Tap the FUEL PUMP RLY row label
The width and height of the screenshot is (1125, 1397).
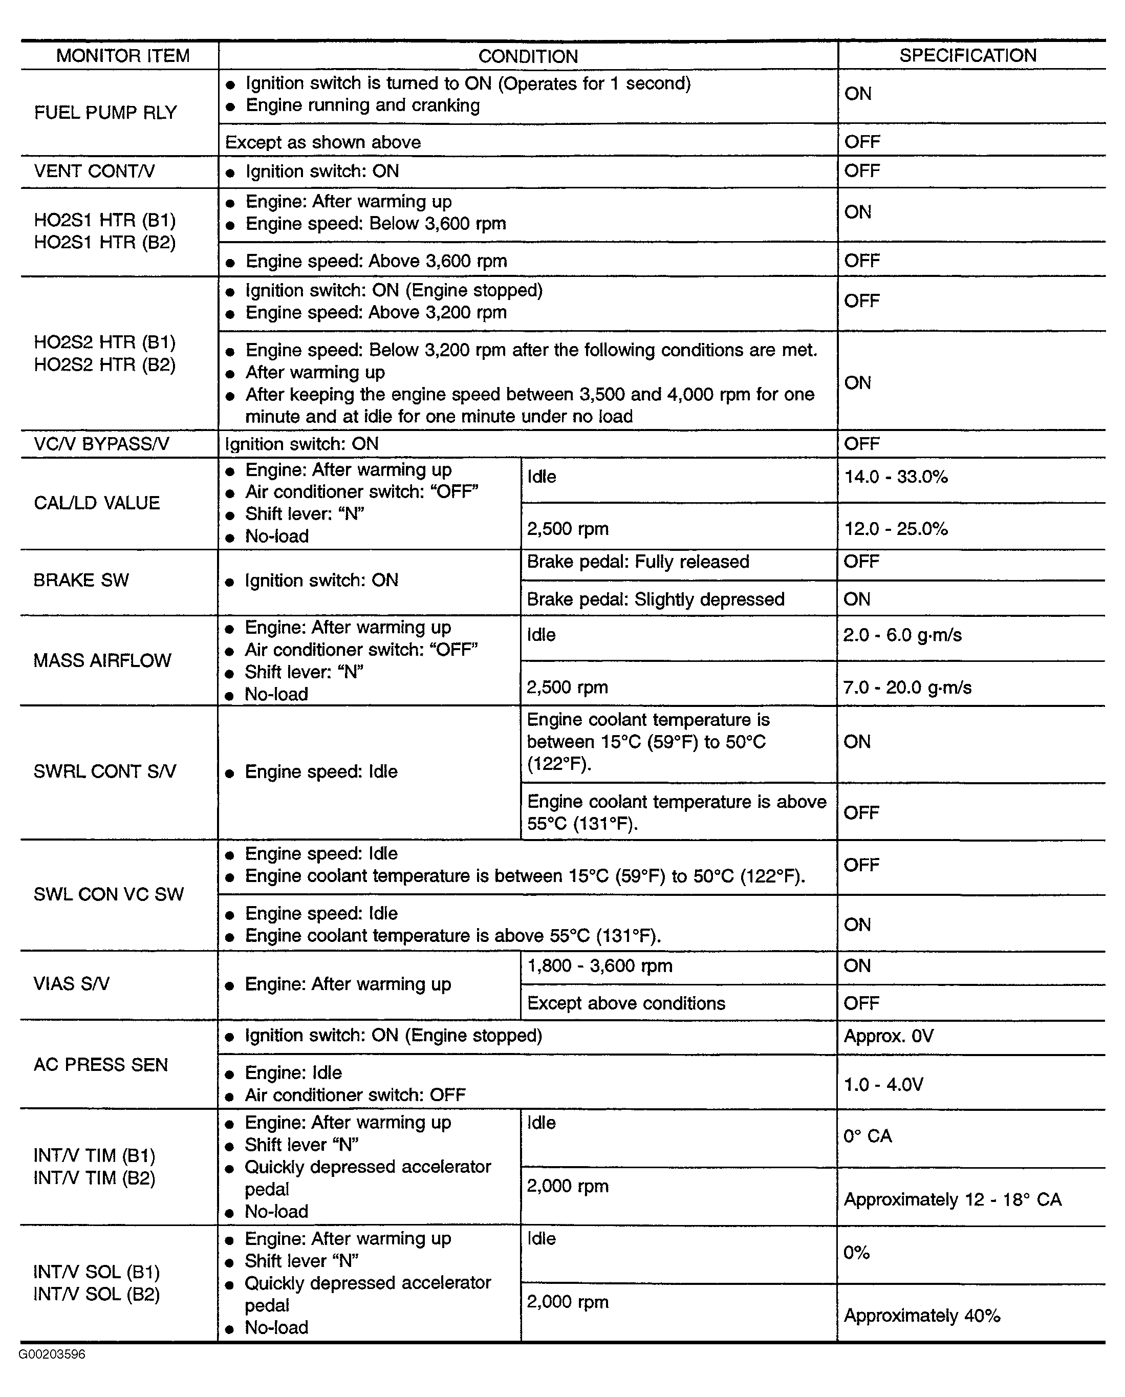click(105, 113)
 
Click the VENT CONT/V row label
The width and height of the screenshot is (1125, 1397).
click(94, 171)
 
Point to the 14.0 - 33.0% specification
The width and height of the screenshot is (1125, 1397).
click(896, 477)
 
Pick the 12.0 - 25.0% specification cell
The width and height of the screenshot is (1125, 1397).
click(896, 529)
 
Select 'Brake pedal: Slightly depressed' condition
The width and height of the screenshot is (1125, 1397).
click(655, 599)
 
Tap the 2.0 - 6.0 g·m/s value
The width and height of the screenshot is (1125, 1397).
click(902, 635)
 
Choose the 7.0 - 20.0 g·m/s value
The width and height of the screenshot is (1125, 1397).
click(907, 687)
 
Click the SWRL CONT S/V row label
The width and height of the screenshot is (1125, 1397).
click(104, 771)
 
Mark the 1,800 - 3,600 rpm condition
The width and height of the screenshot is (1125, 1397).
click(599, 966)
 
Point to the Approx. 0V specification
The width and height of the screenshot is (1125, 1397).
click(889, 1036)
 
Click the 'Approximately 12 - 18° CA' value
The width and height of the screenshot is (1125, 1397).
click(953, 1199)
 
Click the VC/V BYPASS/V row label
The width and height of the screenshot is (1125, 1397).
click(101, 444)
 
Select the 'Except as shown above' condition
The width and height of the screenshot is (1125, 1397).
click(323, 142)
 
